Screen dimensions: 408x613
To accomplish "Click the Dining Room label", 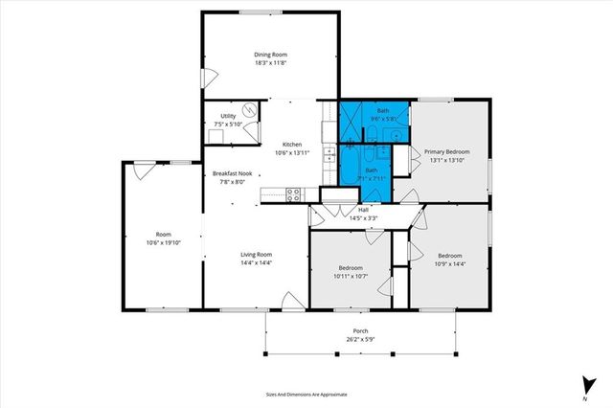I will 271,55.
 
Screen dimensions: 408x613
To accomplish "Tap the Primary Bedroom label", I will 447,151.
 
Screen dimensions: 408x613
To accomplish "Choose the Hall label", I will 364,210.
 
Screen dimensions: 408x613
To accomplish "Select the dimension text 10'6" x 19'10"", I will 164,243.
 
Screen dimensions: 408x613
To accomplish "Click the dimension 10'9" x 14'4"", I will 450,263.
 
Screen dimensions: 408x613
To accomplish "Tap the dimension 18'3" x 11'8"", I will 271,63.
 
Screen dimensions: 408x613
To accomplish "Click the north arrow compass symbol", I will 584,384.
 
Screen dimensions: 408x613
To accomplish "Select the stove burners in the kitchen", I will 295,193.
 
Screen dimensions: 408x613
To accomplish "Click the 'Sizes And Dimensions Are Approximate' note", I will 306,394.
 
